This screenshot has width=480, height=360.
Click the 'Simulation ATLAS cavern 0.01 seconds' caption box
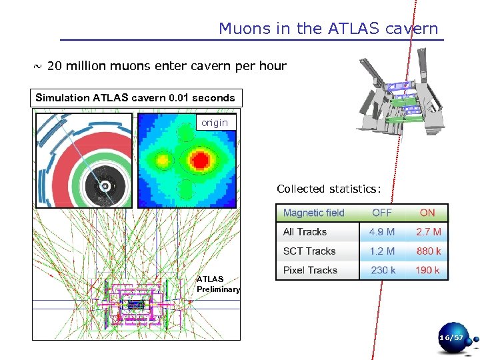[x=135, y=98]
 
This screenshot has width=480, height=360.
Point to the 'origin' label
[x=214, y=123]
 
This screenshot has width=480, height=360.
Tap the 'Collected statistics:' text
[x=329, y=189]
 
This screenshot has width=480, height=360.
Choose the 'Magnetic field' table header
[x=313, y=213]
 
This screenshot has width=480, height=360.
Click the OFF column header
[x=382, y=213]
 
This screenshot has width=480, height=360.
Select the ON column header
[x=427, y=213]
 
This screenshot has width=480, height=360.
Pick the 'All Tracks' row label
[x=305, y=232]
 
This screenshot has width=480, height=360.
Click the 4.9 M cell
[x=382, y=232]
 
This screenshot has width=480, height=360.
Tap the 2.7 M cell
[x=428, y=232]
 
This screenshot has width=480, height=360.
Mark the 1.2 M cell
[x=382, y=251]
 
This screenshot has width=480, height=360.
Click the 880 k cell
[x=428, y=251]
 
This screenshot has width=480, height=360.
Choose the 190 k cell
[x=428, y=270]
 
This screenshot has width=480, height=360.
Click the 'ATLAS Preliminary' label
[x=218, y=284]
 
